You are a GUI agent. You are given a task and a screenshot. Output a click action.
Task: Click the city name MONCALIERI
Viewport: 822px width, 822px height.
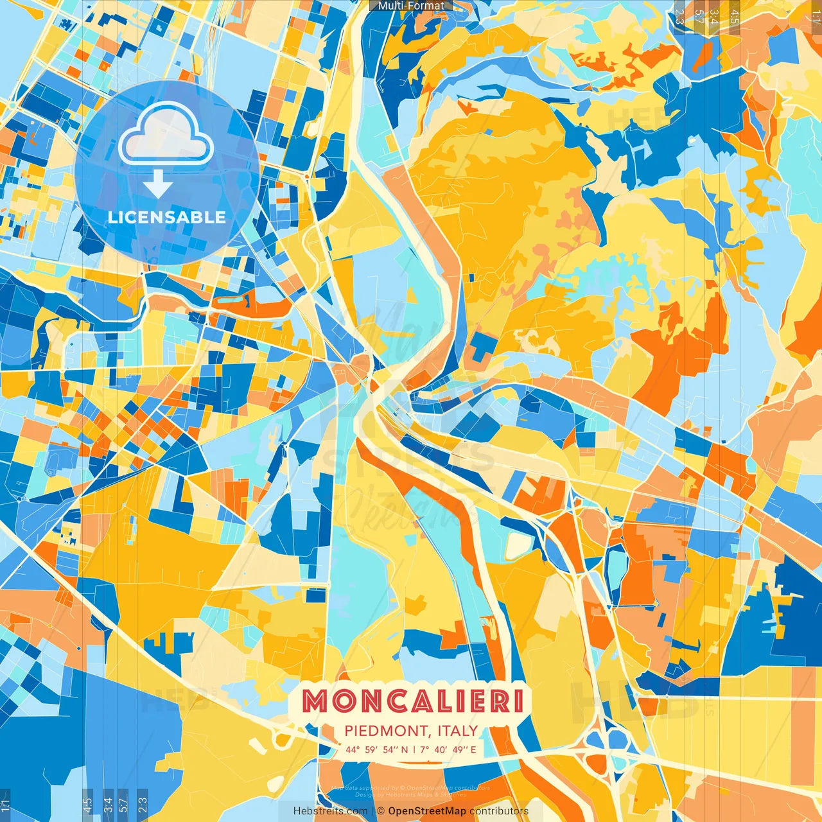point(412,701)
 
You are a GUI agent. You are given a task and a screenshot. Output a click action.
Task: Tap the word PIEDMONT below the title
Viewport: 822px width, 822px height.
point(387,731)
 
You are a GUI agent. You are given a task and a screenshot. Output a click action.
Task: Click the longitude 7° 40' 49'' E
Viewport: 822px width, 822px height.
point(448,749)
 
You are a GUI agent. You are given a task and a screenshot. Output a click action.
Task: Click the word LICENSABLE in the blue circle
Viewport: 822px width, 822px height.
point(167,217)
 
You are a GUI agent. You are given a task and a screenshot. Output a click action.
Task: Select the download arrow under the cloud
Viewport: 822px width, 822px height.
point(157,184)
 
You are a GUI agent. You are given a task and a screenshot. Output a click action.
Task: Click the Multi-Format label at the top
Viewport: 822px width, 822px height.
point(411,6)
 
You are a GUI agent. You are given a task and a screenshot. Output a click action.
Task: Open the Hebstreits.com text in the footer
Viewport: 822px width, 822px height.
point(330,811)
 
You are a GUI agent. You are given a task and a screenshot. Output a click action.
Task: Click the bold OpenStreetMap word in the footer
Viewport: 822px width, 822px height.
point(427,811)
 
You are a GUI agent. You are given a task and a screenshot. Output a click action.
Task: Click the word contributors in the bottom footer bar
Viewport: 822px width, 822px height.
point(499,811)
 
